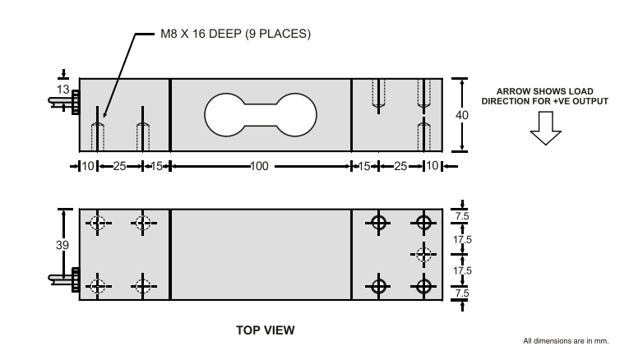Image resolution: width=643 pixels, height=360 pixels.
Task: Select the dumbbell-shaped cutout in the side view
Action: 260,114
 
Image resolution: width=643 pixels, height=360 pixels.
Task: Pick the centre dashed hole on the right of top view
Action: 423,254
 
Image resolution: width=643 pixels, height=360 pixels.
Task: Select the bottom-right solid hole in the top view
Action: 423,286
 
